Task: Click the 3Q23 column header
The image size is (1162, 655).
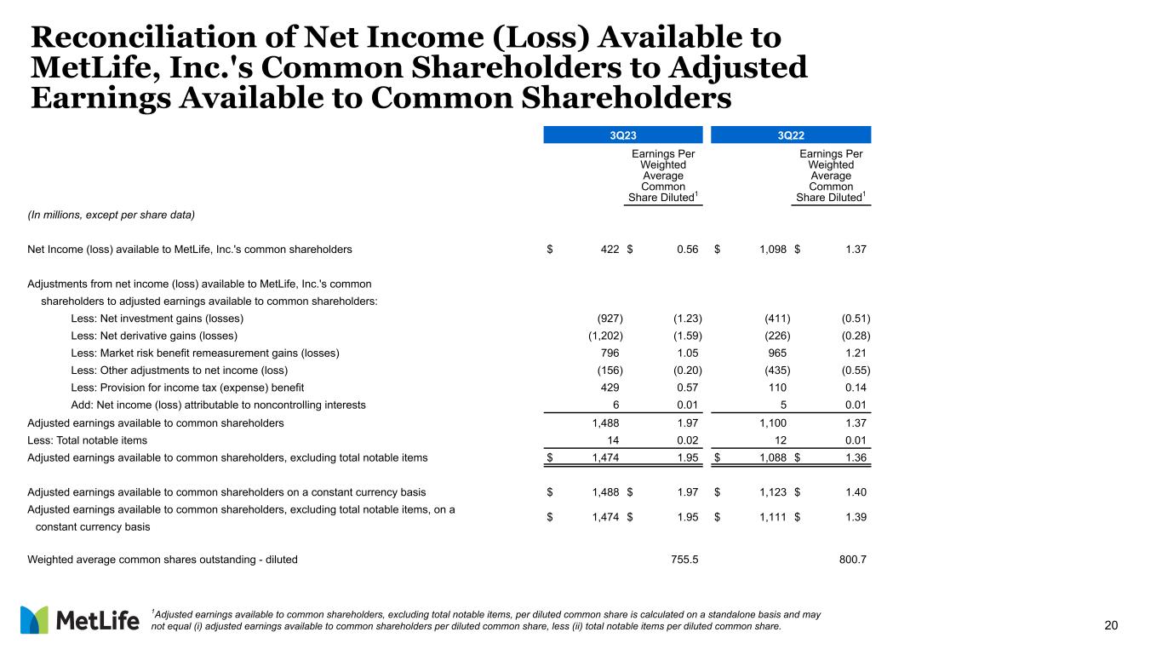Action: (x=622, y=134)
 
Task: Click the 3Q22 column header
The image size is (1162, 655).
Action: (x=791, y=134)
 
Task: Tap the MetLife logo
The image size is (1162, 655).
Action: (x=79, y=620)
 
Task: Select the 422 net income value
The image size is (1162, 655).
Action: (x=609, y=250)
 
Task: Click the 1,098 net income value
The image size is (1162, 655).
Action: (x=770, y=250)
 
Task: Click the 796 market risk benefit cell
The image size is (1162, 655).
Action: (x=610, y=353)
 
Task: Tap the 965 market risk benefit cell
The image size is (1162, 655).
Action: (x=777, y=353)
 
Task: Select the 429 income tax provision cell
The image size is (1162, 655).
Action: (x=610, y=388)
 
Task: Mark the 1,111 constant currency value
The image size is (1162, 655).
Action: (x=771, y=517)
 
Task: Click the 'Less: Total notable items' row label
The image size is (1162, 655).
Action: (x=88, y=440)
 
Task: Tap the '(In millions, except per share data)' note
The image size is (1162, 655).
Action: (x=112, y=215)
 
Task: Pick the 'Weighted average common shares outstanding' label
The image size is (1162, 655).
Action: (x=163, y=560)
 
